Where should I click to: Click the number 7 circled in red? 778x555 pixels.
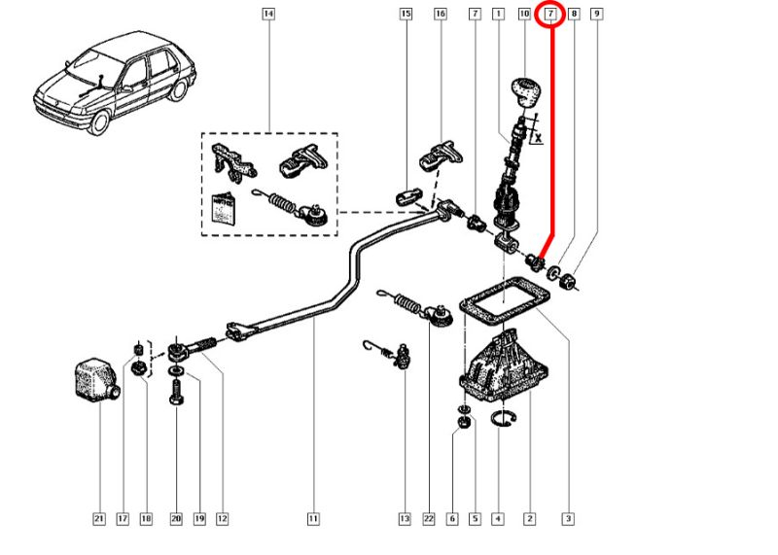pos(551,15)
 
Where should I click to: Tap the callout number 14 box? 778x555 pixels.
pos(268,14)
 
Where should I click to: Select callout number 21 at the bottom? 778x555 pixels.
pos(98,519)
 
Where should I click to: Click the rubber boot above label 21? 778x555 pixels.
pos(95,380)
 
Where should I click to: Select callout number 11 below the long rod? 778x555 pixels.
pos(313,519)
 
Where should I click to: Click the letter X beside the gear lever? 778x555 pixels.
pos(538,138)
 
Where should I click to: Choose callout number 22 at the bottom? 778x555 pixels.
pos(428,519)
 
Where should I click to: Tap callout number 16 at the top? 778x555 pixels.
pos(440,14)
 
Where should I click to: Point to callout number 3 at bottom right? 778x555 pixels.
pos(568,519)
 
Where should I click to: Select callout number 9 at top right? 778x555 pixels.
pos(596,14)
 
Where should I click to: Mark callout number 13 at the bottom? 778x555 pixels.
pos(404,519)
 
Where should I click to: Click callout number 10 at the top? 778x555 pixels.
pos(524,14)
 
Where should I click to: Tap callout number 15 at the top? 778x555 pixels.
pos(406,14)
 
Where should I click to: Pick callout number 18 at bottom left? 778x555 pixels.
pos(146,519)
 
